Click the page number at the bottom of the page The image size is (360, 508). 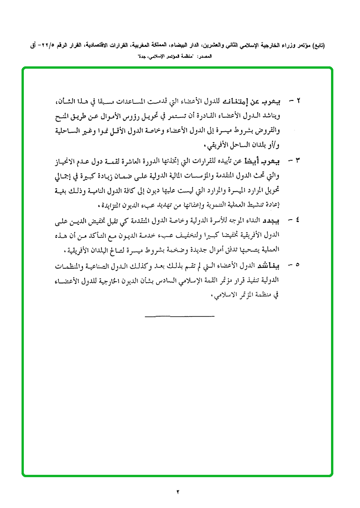click(178, 491)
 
